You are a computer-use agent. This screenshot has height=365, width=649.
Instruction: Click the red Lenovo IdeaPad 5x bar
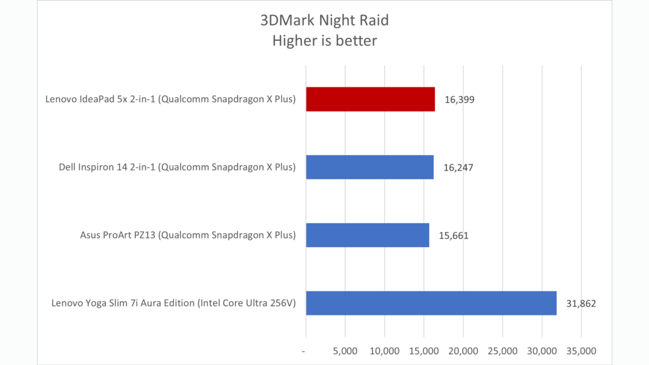click(x=370, y=99)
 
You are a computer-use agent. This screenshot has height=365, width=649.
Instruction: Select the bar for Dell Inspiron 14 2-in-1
click(x=369, y=167)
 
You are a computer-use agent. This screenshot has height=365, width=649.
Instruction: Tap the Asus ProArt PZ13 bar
click(x=367, y=235)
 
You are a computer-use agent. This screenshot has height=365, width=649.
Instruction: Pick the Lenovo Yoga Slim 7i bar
click(x=431, y=303)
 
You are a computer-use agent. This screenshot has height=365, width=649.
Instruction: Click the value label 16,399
click(x=459, y=100)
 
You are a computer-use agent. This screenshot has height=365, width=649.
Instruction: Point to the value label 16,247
click(x=458, y=168)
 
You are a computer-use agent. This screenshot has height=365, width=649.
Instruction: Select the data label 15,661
click(x=454, y=236)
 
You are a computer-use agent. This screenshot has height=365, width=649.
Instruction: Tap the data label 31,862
click(x=581, y=303)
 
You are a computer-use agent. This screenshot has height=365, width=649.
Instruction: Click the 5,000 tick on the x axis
click(x=345, y=351)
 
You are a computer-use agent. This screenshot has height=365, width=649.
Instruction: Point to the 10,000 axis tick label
click(x=384, y=351)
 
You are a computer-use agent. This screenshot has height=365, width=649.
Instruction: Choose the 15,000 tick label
click(x=424, y=351)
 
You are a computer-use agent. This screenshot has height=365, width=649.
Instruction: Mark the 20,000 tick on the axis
click(x=463, y=351)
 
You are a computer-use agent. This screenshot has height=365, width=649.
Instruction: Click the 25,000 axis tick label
click(x=502, y=351)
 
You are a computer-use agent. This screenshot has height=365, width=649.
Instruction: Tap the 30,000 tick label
click(x=542, y=351)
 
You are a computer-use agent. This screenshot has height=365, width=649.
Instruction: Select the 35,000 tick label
click(x=581, y=351)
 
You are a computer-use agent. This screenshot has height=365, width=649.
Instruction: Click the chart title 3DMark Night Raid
click(x=324, y=20)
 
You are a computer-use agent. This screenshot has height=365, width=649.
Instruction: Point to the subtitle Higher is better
click(x=324, y=41)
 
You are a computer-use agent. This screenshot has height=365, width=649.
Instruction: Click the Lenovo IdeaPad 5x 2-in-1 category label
click(x=170, y=99)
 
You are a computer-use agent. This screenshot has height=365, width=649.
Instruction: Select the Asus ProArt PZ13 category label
click(x=188, y=235)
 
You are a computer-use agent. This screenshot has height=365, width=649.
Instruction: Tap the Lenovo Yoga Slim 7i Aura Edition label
click(x=173, y=303)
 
